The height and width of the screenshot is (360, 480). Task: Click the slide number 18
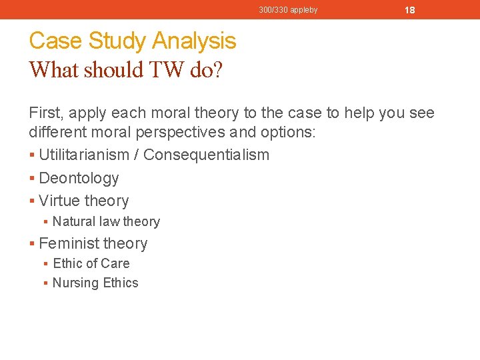pos(410,10)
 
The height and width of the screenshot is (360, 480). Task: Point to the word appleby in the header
pos(303,10)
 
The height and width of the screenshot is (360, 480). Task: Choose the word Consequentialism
pos(207,155)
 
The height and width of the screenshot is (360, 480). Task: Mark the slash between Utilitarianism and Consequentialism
pos(137,155)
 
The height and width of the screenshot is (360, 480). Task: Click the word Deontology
pos(79,178)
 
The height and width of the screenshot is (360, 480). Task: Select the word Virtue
pos(59,201)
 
